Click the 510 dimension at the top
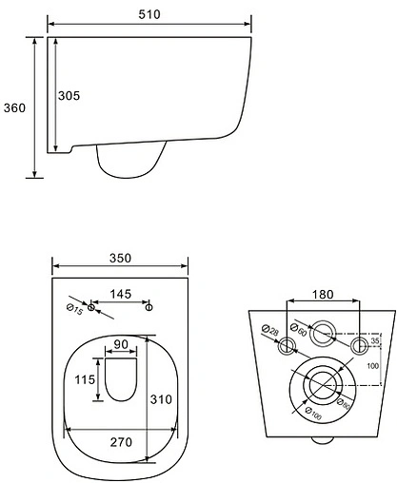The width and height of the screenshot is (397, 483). click(x=149, y=13)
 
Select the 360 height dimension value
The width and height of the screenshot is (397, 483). click(x=13, y=107)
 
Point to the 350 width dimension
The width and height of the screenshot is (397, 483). click(x=118, y=259)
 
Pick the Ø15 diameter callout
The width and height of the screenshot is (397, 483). click(x=73, y=306)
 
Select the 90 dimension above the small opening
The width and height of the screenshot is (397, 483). click(x=119, y=344)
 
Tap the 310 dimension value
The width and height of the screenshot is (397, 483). click(x=161, y=399)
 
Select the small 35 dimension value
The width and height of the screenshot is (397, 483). click(x=374, y=339)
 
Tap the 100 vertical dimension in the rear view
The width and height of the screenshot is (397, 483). click(x=373, y=365)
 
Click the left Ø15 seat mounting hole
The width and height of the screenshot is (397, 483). click(x=92, y=307)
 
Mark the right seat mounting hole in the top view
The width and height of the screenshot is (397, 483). click(x=149, y=307)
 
